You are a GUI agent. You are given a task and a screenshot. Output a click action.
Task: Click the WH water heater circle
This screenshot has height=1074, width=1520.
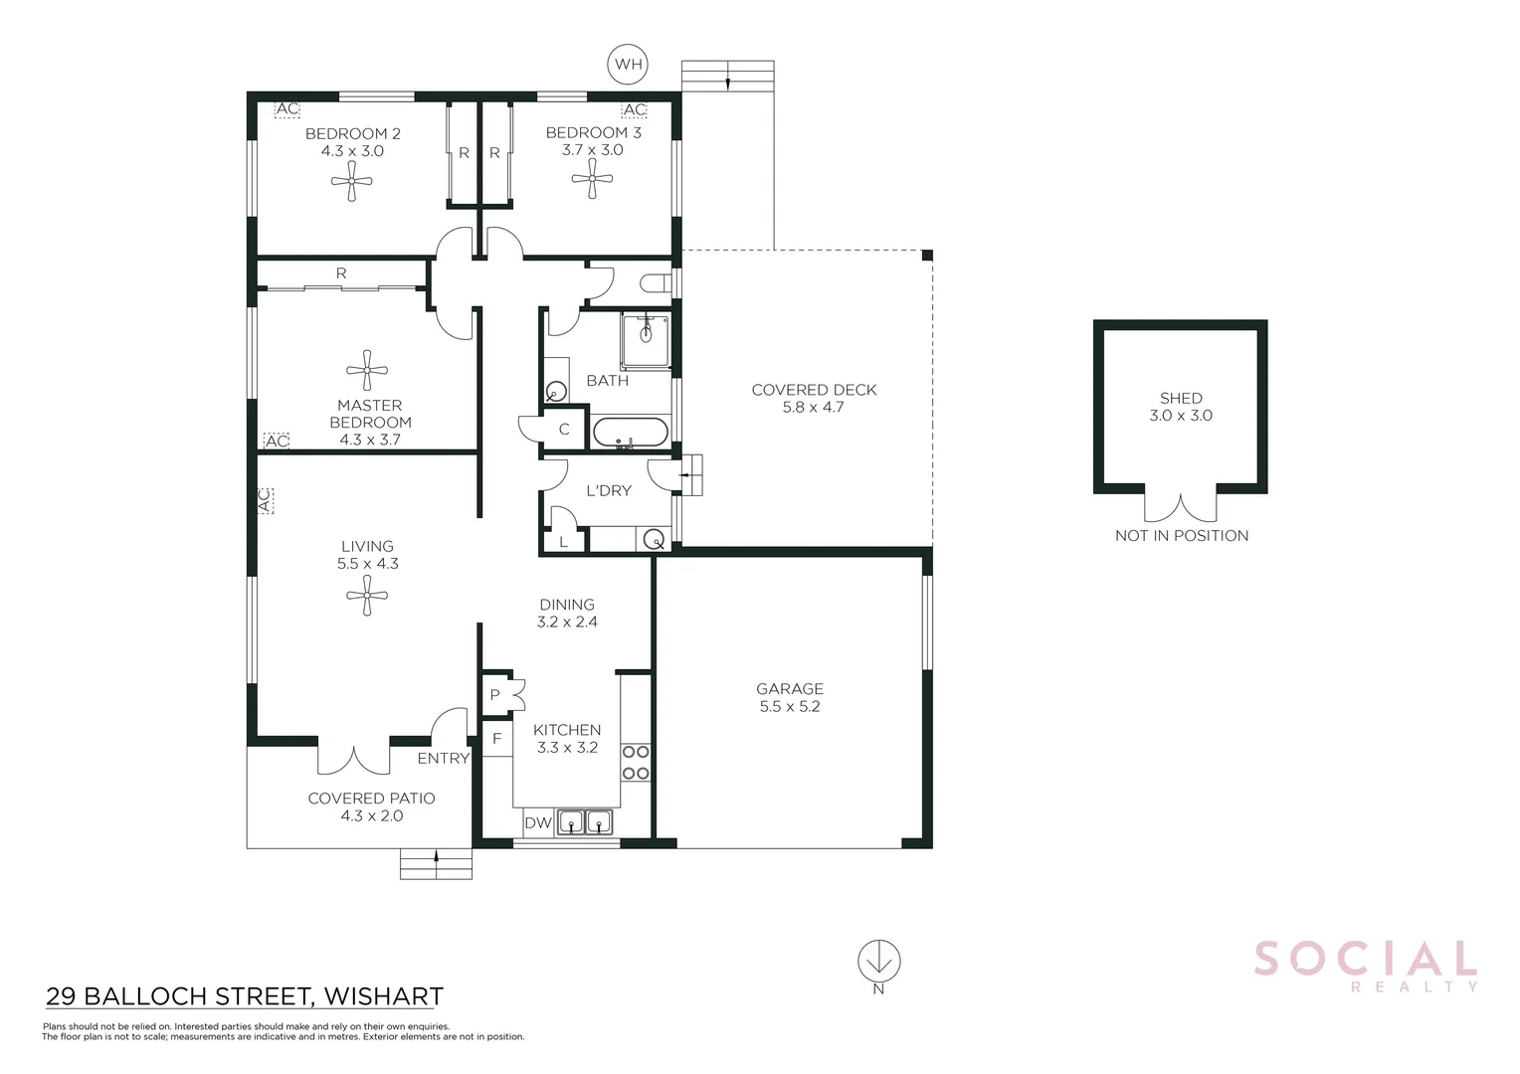(x=628, y=65)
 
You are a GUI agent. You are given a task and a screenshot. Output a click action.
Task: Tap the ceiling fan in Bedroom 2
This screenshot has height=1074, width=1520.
(x=351, y=181)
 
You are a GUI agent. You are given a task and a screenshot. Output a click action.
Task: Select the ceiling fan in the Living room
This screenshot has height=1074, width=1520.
(x=367, y=596)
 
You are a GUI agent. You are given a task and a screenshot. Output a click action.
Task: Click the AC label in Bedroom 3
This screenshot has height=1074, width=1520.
(x=634, y=109)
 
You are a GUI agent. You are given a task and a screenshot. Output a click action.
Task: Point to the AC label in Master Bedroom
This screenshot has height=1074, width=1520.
(x=277, y=441)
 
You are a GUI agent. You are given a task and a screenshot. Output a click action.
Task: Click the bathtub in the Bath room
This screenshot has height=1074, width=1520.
(x=631, y=433)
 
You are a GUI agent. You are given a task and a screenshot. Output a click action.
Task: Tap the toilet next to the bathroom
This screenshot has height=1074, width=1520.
(x=657, y=283)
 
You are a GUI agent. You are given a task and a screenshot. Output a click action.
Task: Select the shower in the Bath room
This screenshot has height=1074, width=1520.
(x=647, y=340)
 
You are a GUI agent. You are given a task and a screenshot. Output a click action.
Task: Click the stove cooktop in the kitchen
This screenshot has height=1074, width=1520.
(x=636, y=763)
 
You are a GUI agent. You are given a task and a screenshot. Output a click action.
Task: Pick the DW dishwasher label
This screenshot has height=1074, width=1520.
(x=537, y=822)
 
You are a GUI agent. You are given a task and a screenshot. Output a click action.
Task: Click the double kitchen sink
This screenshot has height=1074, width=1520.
(x=584, y=822)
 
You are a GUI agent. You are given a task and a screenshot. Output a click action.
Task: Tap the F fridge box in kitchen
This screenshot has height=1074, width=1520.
(x=497, y=739)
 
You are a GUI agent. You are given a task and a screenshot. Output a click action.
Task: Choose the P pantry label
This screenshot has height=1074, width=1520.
(x=494, y=695)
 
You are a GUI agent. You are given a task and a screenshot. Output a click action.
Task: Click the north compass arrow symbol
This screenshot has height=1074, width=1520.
(x=879, y=962)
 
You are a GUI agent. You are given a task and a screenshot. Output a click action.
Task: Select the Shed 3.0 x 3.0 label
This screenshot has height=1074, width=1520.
(x=1181, y=407)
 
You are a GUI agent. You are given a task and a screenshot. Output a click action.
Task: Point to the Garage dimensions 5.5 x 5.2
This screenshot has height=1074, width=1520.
(x=790, y=707)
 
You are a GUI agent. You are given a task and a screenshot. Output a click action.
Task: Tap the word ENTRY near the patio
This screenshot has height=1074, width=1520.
(x=443, y=759)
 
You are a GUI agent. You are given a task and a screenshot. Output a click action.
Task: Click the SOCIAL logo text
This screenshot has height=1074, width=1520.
(x=1365, y=960)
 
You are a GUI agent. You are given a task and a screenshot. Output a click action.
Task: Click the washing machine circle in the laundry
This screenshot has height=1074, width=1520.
(x=654, y=540)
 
